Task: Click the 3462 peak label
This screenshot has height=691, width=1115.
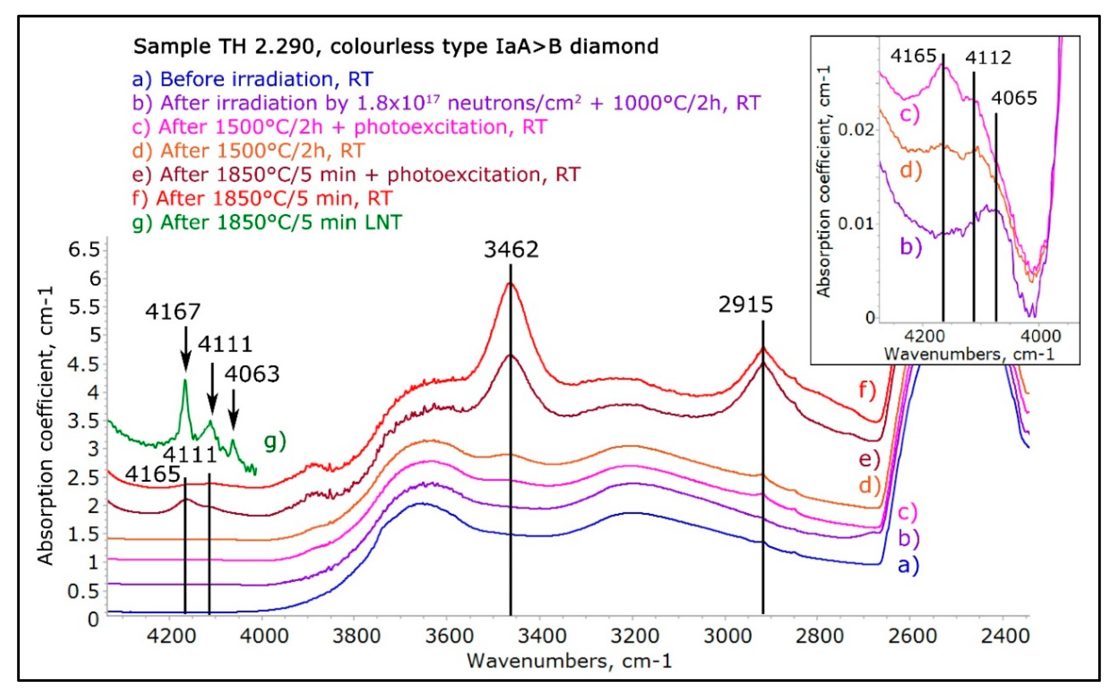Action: coord(511,250)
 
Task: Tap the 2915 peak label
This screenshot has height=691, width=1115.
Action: coord(745,305)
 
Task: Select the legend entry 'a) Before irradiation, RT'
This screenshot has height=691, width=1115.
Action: coord(252,80)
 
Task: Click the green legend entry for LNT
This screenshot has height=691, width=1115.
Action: coord(267,223)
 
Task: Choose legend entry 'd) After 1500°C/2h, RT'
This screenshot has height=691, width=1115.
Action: coord(248,151)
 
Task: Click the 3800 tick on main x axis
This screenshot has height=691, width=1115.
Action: coord(356,636)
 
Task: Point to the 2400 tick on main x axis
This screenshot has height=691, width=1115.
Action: coord(1005,636)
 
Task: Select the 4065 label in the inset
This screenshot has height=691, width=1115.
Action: coord(1014,98)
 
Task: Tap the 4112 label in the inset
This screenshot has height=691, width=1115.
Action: coord(988,58)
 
